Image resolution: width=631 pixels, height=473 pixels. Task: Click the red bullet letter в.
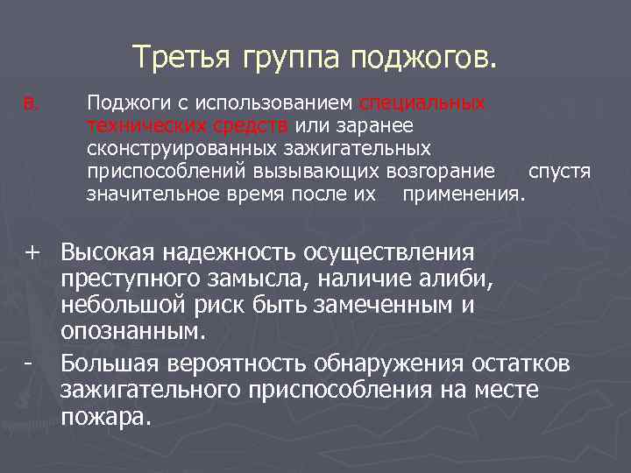[x=31, y=104]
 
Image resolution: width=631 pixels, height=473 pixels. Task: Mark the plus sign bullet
[x=32, y=253]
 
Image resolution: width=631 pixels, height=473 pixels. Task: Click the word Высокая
[x=107, y=253]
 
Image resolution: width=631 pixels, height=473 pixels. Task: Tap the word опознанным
[x=134, y=333]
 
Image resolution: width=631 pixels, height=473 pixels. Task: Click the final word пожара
[x=107, y=416]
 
